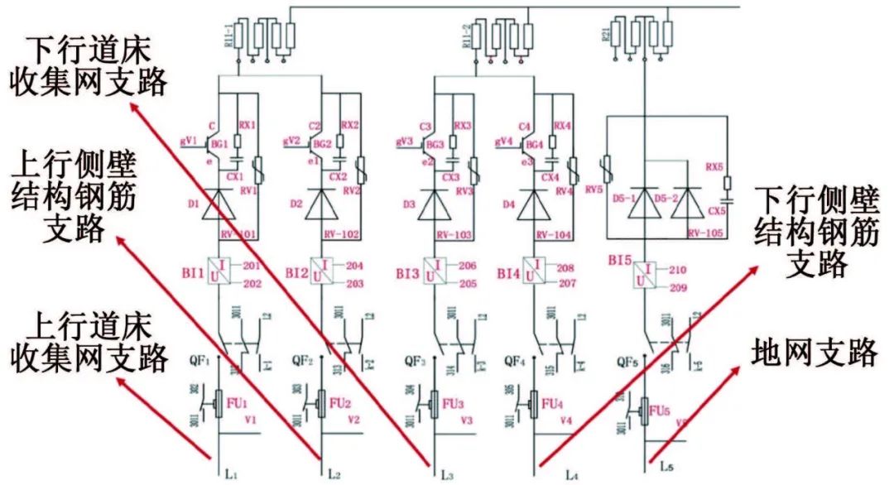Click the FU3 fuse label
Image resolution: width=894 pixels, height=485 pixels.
pos(451,405)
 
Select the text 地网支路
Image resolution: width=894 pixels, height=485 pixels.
pos(814,353)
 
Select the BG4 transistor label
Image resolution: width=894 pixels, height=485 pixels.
pos(535,143)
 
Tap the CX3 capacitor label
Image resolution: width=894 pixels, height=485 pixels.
pos(451,177)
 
